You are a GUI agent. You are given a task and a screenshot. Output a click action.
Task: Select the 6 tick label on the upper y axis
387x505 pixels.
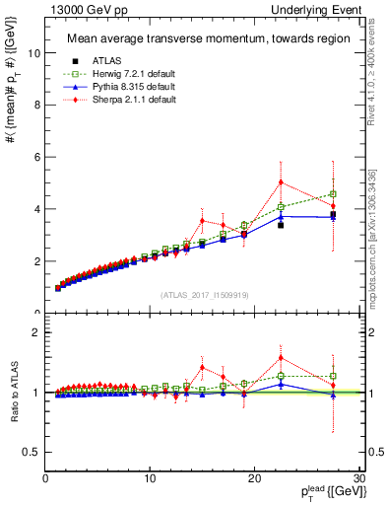click(35, 158)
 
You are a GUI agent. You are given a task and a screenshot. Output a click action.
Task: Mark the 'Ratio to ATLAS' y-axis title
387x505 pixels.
click(14, 392)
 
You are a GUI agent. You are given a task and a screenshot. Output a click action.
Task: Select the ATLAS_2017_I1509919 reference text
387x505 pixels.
click(203, 294)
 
